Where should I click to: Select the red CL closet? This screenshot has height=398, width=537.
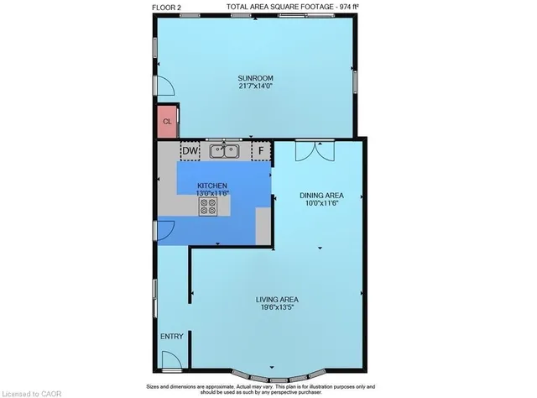click(x=167, y=122)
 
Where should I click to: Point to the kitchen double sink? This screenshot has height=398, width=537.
click(x=225, y=151)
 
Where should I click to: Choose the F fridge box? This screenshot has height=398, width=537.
click(x=262, y=151)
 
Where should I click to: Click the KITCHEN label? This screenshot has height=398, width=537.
click(x=212, y=185)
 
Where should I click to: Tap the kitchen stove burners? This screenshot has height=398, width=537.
click(x=208, y=207)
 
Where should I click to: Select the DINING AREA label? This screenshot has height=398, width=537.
click(x=323, y=194)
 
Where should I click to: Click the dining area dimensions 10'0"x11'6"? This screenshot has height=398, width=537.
click(x=323, y=202)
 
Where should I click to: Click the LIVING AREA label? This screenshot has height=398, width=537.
click(x=278, y=299)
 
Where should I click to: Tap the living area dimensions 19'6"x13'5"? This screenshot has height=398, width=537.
click(x=278, y=307)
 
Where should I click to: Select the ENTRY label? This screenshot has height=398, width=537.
click(x=171, y=337)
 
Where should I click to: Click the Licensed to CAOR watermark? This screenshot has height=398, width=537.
click(x=31, y=391)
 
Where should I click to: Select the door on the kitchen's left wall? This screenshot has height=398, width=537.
click(x=165, y=229)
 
